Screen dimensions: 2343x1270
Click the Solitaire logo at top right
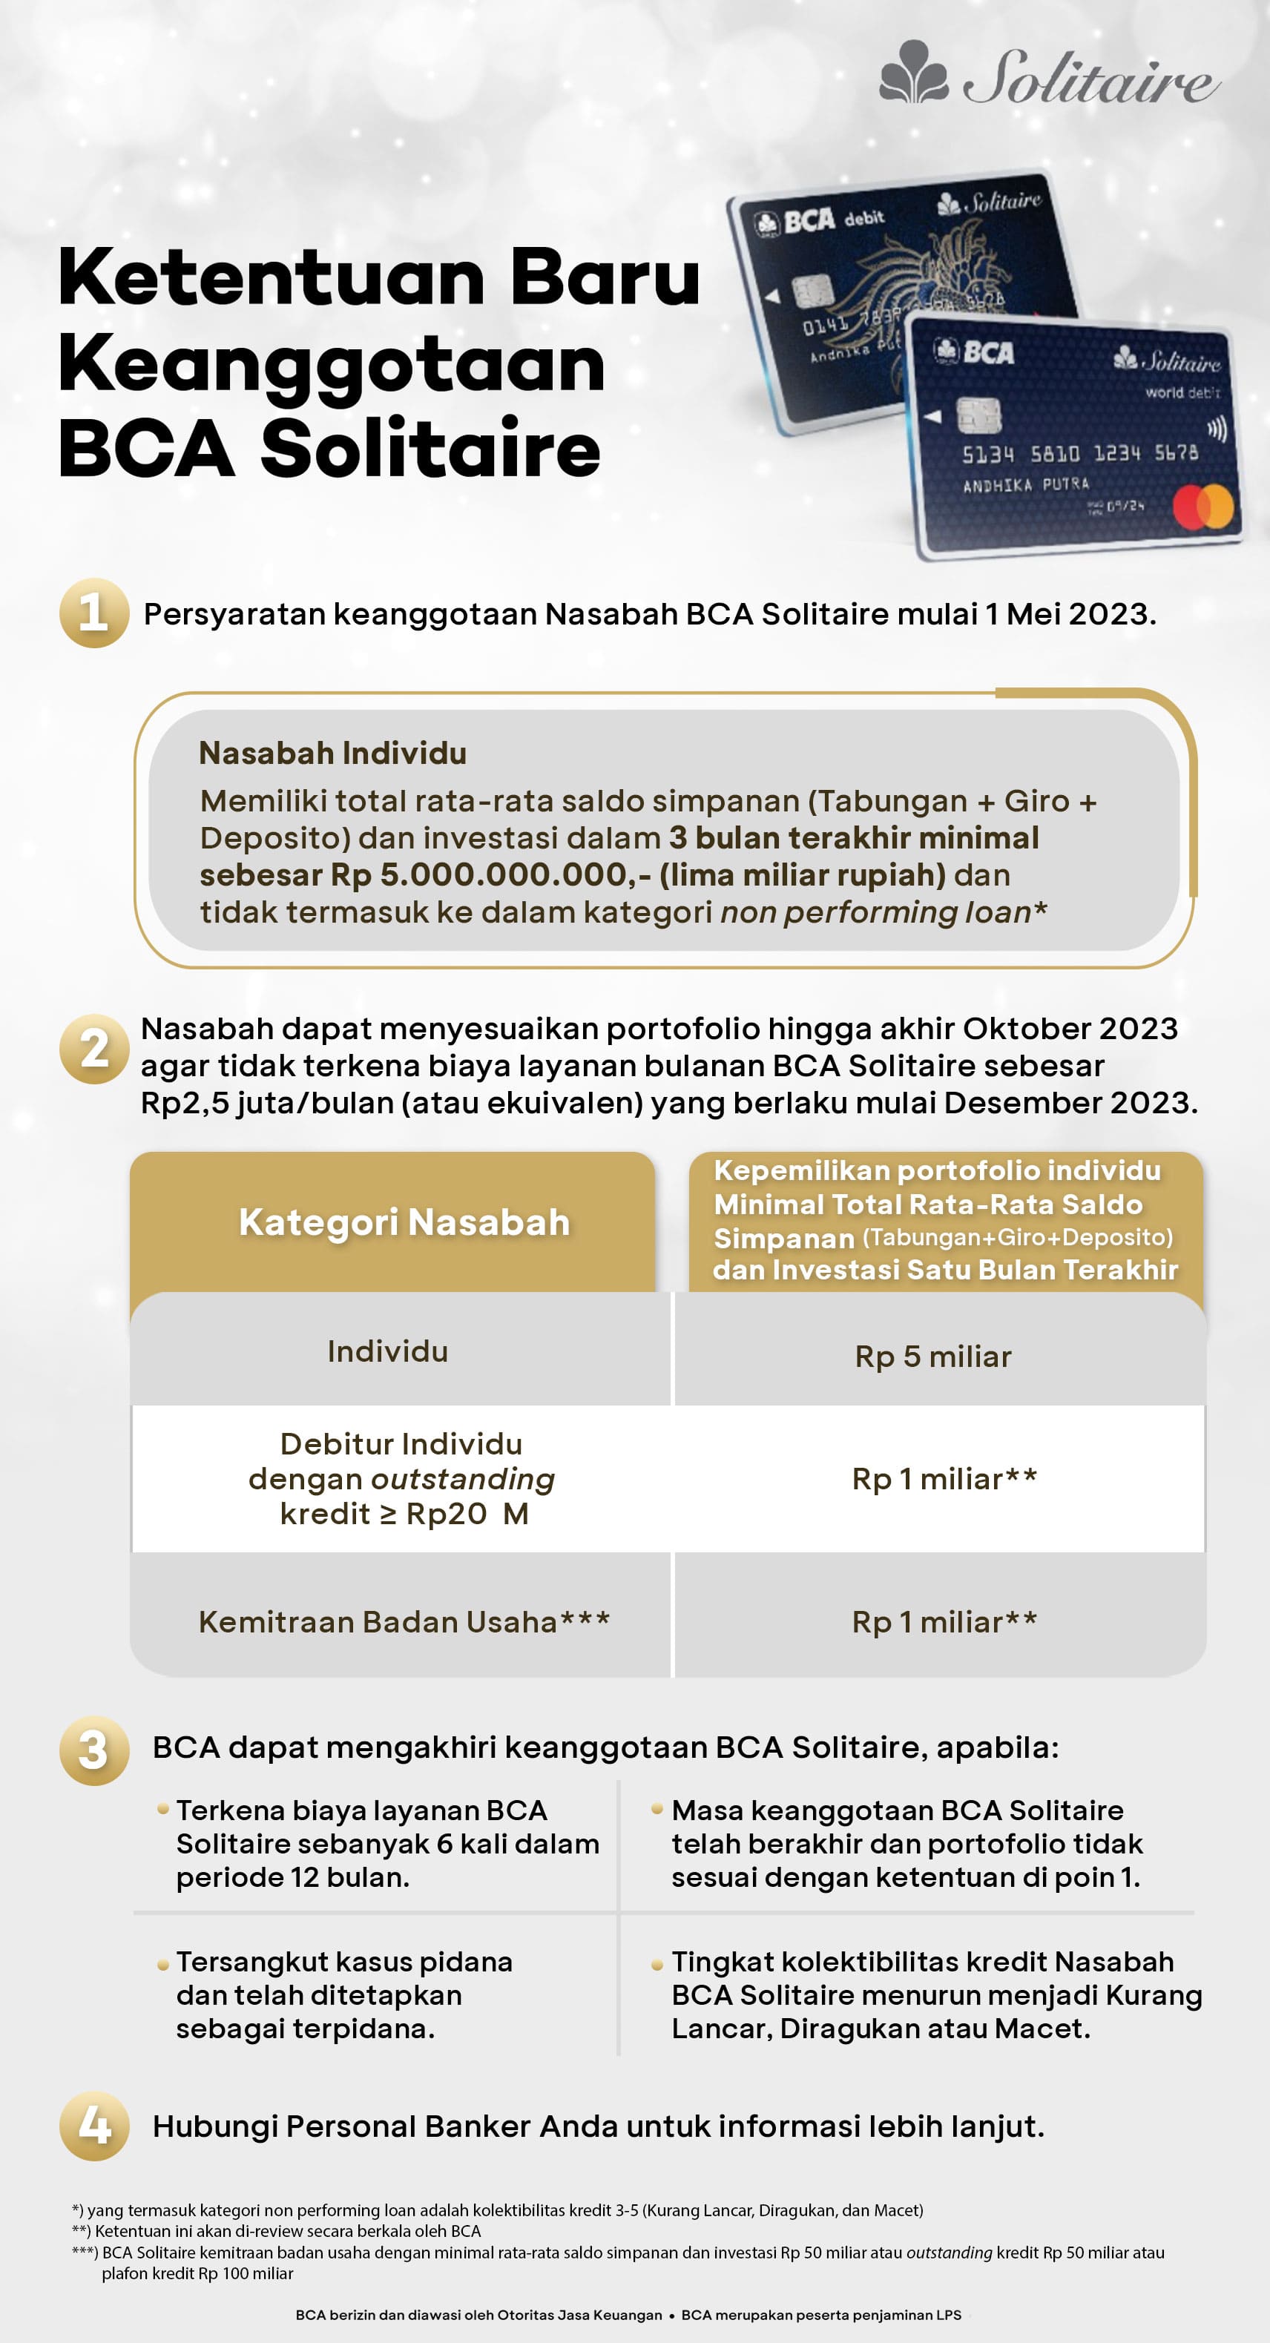tap(1048, 75)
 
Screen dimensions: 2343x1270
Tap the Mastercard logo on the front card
tap(1202, 507)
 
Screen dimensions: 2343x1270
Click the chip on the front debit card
tap(979, 415)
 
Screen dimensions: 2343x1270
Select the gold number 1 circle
tap(93, 613)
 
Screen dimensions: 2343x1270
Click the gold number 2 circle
tap(93, 1049)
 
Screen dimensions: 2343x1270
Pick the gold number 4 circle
tap(93, 2126)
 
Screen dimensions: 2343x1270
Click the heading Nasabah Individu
tap(332, 753)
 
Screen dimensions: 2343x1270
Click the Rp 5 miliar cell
tap(932, 1356)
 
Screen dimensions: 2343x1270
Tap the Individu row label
tap(387, 1351)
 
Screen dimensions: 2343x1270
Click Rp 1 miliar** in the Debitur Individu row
tap(944, 1479)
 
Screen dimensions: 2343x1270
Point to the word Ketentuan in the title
tap(271, 277)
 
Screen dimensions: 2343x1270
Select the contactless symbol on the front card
tap(1217, 429)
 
